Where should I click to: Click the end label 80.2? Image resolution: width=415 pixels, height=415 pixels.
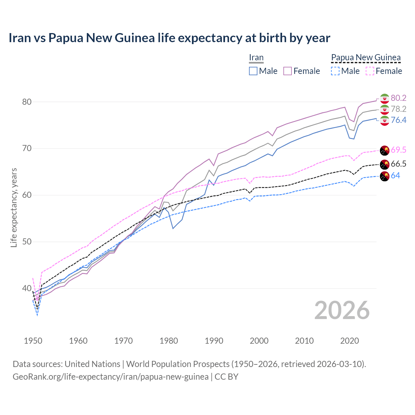398,98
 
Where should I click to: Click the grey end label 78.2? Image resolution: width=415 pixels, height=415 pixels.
398,109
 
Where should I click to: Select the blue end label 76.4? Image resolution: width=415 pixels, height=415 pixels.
398,120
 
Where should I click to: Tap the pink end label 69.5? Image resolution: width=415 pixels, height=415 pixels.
398,150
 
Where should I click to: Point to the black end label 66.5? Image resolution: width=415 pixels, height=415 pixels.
398,164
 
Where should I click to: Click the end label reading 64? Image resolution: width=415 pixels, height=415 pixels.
395,175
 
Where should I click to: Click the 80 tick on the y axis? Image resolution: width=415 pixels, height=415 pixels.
27,102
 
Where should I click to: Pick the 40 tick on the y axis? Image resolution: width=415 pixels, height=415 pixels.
27,288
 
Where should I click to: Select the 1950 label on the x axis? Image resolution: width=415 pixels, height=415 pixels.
33,341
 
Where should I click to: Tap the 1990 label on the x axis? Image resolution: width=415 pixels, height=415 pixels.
214,341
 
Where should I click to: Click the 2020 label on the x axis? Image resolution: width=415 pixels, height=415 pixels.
350,341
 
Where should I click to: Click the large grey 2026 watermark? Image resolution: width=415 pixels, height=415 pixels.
342,310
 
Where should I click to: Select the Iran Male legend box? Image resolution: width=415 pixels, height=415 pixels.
253,71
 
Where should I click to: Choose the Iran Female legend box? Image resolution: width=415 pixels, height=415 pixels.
288,71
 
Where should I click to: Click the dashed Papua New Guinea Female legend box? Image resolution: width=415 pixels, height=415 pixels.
370,71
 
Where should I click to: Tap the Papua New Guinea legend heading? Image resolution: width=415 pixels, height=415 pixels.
366,58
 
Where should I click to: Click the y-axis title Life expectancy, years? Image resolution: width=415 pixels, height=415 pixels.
14,207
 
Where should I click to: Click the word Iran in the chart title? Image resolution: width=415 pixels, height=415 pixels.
20,38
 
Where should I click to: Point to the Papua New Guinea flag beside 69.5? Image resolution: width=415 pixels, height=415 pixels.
385,150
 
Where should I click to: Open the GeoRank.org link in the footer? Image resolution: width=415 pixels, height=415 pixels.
111,377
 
